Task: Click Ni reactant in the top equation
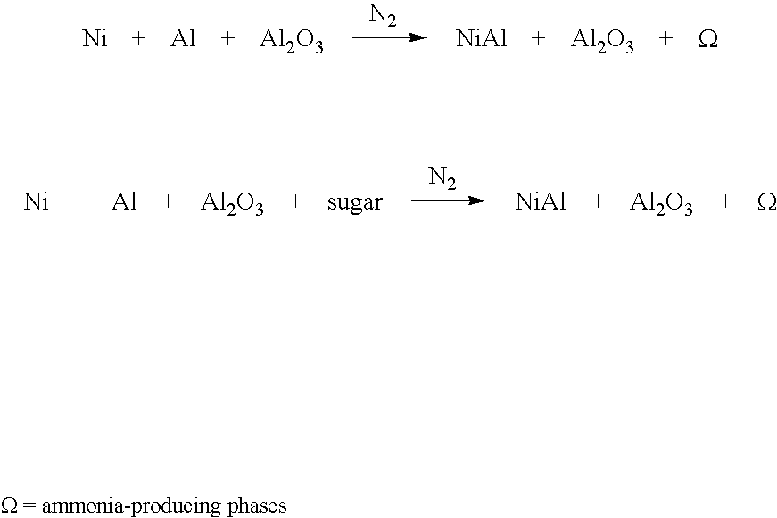95,38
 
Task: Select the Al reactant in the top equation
183,38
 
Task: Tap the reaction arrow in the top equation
390,37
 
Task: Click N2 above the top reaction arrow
383,15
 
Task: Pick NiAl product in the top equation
481,38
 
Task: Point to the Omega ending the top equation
707,38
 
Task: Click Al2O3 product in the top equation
602,39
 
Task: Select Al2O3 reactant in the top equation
292,39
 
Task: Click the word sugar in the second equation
355,203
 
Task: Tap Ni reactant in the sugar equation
36,201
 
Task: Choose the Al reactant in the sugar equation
124,201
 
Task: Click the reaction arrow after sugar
449,201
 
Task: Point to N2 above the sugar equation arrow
442,178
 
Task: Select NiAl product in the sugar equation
540,201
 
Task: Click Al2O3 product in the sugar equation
661,203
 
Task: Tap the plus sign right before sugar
295,201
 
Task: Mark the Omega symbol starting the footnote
10,506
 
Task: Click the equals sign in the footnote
29,506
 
